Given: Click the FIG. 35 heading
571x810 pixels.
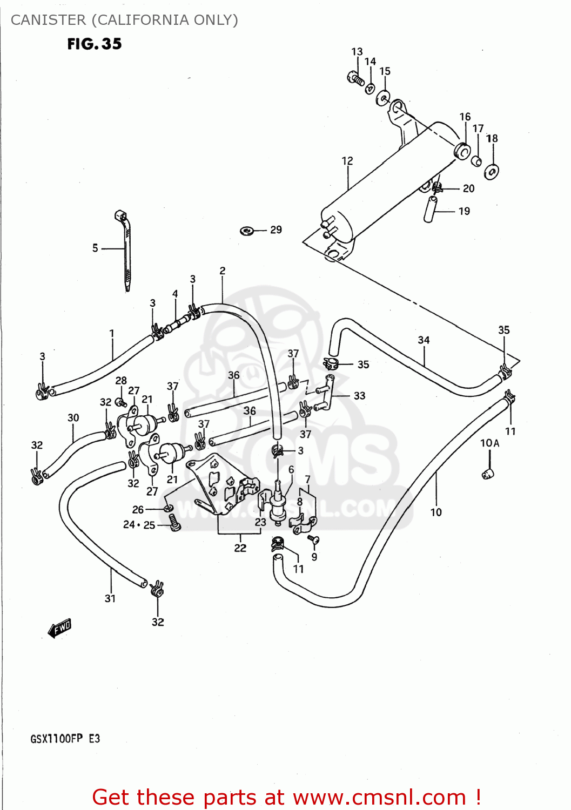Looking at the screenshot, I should [x=95, y=44].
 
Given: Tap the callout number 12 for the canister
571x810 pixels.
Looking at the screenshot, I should [x=347, y=161].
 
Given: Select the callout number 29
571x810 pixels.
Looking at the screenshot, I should [x=276, y=230].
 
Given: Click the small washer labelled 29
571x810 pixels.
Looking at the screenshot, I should [x=247, y=231].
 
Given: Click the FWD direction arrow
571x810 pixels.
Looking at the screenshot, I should [x=59, y=629].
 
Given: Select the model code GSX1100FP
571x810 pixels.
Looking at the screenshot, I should [x=56, y=739].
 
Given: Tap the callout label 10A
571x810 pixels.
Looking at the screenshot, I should [x=489, y=443].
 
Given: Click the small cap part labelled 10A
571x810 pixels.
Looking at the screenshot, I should [x=488, y=474].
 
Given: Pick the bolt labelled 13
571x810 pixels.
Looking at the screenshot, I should [x=355, y=79].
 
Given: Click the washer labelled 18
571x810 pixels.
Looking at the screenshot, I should [x=492, y=172].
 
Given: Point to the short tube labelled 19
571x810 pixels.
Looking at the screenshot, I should [x=431, y=210].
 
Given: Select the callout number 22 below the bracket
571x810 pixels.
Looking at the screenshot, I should [x=240, y=548].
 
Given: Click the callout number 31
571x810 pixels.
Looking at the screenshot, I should [x=110, y=598].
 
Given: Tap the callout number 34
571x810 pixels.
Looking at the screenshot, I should [x=424, y=340].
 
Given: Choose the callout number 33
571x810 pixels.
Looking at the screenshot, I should [x=359, y=396].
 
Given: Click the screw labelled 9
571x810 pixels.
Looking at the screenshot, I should [x=314, y=539].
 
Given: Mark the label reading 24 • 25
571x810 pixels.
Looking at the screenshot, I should [x=139, y=524].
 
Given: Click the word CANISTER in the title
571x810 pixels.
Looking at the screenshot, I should [x=48, y=20].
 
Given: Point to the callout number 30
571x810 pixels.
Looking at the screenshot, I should [x=73, y=417].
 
